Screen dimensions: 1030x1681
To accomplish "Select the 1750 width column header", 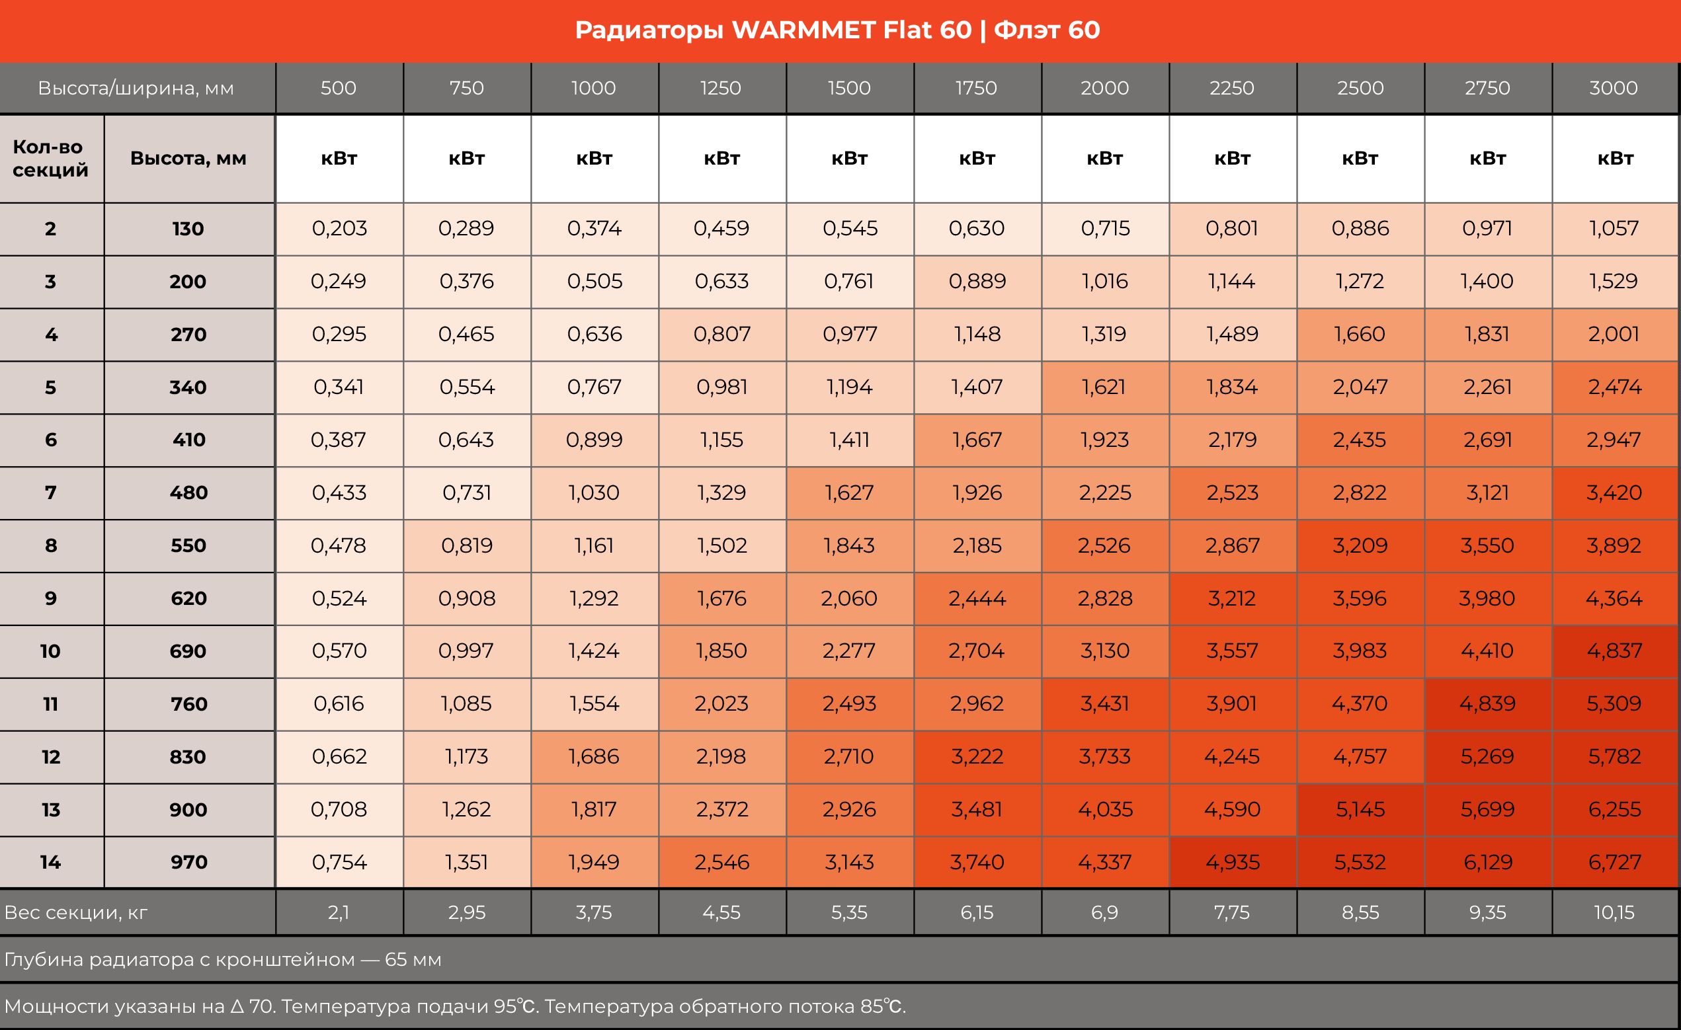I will point(976,88).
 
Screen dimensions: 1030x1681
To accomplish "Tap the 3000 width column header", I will point(1614,88).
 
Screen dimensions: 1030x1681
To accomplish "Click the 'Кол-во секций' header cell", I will point(50,158).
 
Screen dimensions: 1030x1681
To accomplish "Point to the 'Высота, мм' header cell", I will point(188,158).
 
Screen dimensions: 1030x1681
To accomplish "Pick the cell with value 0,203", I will point(339,228).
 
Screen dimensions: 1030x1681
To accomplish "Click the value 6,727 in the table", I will point(1614,862).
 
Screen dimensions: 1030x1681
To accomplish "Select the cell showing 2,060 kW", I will point(848,598).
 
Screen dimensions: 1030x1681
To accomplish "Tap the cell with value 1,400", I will point(1487,281).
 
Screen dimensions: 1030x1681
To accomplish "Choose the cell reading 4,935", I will point(1232,862).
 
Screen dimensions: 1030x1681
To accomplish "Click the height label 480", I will point(188,493).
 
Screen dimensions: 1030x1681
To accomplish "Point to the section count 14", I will point(50,862).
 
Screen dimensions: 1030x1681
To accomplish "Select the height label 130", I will point(188,229).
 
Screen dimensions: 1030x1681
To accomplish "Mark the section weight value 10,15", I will point(1614,913).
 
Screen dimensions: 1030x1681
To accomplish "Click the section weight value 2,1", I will point(339,913).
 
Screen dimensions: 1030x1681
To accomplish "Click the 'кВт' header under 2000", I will point(1104,158).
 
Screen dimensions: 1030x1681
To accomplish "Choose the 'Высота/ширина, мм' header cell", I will point(136,88).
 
